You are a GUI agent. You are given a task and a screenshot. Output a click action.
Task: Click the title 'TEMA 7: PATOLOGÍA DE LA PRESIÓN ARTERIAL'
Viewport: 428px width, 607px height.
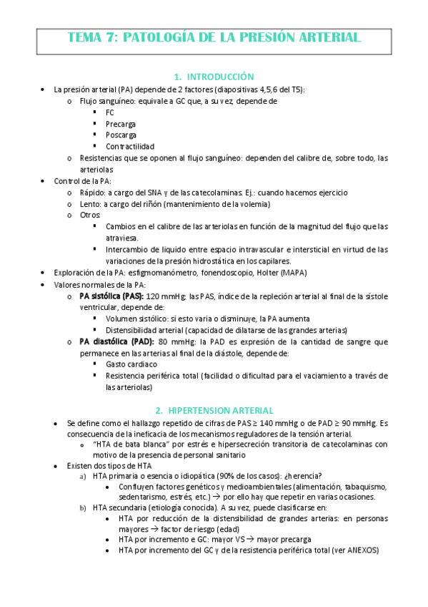[214, 39]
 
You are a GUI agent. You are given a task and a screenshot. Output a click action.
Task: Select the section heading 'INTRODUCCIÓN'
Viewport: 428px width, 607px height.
[220, 77]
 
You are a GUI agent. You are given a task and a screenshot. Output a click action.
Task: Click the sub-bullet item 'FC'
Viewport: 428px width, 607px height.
[109, 112]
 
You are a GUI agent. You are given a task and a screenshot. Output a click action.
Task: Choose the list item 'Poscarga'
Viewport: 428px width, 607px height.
[121, 135]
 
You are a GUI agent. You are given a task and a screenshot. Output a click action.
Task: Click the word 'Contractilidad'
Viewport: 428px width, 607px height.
[129, 146]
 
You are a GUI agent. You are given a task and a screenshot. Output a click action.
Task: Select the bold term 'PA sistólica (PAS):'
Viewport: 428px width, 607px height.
[111, 296]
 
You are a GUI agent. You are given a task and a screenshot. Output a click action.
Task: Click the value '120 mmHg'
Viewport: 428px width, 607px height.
[166, 296]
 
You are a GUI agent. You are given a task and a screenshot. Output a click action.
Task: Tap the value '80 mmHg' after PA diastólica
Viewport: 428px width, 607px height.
[174, 341]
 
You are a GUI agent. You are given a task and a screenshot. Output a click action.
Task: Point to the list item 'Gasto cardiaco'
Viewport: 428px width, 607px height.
[131, 364]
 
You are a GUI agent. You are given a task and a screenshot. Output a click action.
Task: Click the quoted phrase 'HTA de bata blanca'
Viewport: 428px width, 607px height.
[126, 445]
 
